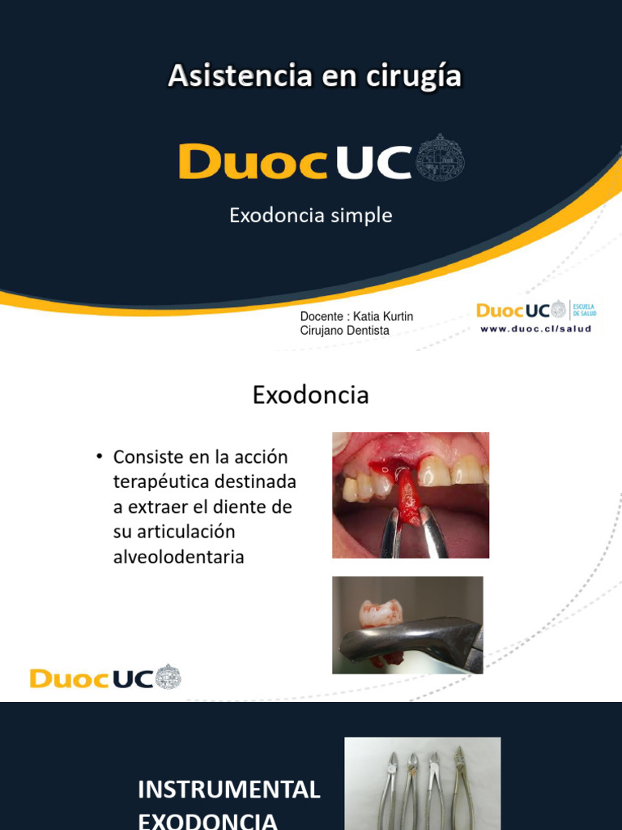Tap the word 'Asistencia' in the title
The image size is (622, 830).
[x=240, y=76]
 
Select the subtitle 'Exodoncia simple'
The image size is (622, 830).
[x=310, y=216]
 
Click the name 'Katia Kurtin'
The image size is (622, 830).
[x=383, y=316]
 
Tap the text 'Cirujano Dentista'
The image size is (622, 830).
[x=344, y=331]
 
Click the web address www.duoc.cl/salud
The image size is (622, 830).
[x=535, y=328]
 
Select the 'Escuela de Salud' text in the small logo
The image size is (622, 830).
[x=586, y=310]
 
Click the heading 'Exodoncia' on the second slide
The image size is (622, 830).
[x=310, y=395]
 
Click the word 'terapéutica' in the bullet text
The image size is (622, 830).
[x=165, y=481]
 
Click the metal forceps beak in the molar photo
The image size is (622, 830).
[x=405, y=636]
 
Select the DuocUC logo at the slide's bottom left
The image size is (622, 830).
[x=105, y=678]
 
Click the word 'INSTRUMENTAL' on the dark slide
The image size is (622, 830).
[x=229, y=789]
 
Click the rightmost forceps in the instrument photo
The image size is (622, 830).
[x=462, y=786]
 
